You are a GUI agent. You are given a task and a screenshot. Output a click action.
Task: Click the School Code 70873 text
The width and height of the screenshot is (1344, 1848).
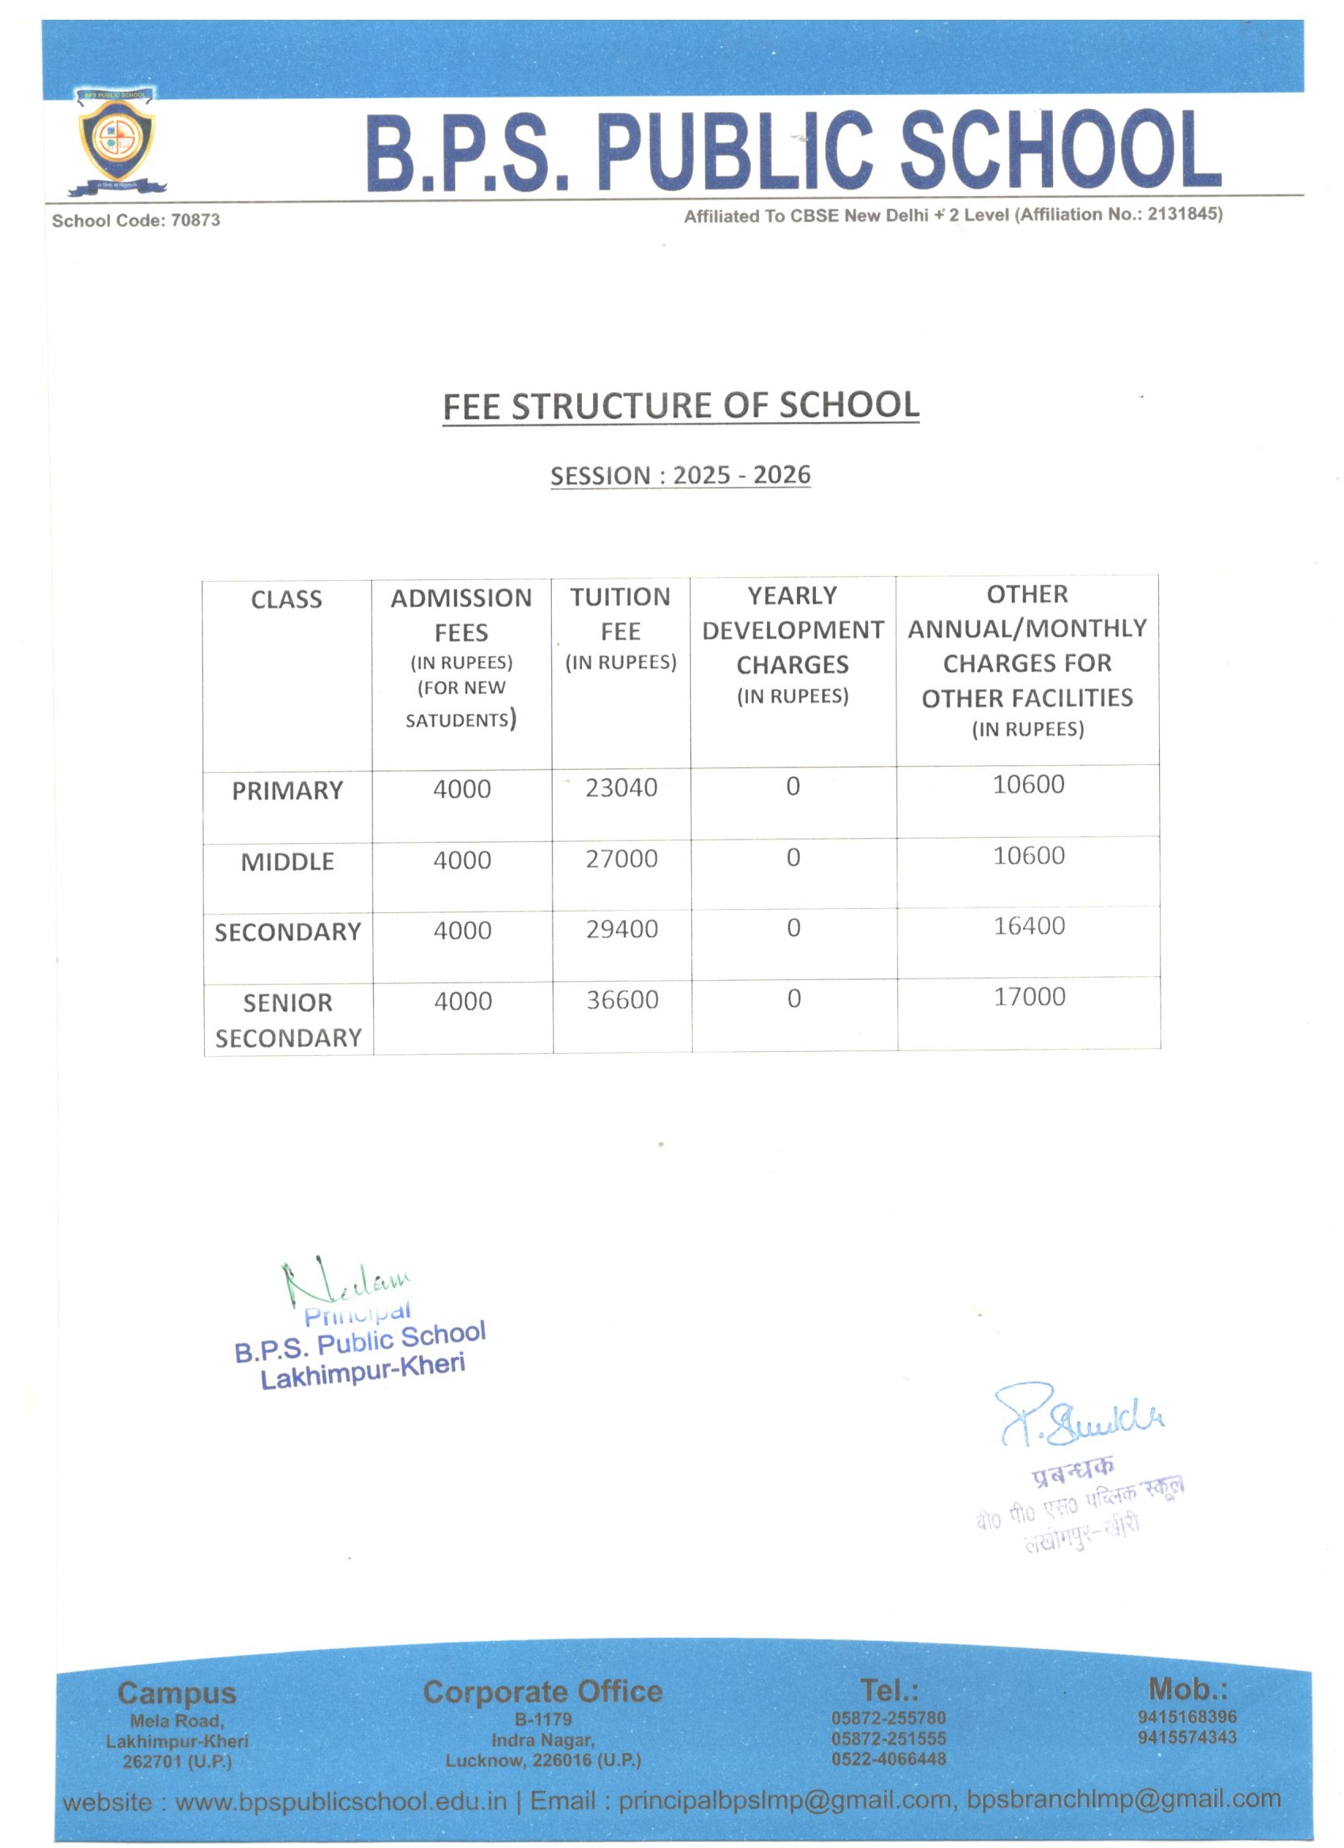tap(135, 220)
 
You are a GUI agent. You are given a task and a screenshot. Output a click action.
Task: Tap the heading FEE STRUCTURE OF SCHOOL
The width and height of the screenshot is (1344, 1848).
tap(681, 405)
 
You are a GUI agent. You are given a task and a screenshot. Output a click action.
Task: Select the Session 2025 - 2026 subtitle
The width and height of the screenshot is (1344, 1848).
tap(681, 475)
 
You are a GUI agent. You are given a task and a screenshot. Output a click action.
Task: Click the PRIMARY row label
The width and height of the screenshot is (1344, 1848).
tap(287, 790)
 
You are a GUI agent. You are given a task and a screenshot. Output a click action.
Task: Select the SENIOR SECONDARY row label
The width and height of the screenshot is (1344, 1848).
tap(288, 1020)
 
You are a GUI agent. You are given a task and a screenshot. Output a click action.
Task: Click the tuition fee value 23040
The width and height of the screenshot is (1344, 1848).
tap(621, 787)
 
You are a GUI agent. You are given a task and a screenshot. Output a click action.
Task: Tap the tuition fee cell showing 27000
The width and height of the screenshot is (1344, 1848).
tap(621, 859)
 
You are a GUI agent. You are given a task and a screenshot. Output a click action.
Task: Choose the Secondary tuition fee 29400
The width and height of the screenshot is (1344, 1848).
tap(622, 929)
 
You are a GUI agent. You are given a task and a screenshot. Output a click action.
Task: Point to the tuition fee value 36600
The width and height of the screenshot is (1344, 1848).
tap(623, 1000)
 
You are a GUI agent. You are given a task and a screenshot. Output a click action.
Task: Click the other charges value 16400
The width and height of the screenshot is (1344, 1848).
tap(1029, 926)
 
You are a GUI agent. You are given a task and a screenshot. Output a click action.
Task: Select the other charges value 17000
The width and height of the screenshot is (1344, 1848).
tap(1029, 997)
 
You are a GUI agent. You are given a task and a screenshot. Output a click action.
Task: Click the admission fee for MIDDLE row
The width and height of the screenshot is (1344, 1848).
tap(462, 861)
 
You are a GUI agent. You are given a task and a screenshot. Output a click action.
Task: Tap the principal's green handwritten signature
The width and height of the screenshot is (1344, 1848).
tap(342, 1284)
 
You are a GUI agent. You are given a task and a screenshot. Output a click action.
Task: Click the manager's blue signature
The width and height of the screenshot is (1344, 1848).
tap(1081, 1418)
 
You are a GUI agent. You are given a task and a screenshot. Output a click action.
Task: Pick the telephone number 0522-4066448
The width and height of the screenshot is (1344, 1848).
tap(889, 1759)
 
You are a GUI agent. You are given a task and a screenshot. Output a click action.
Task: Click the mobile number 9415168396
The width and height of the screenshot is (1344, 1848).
tap(1187, 1717)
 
